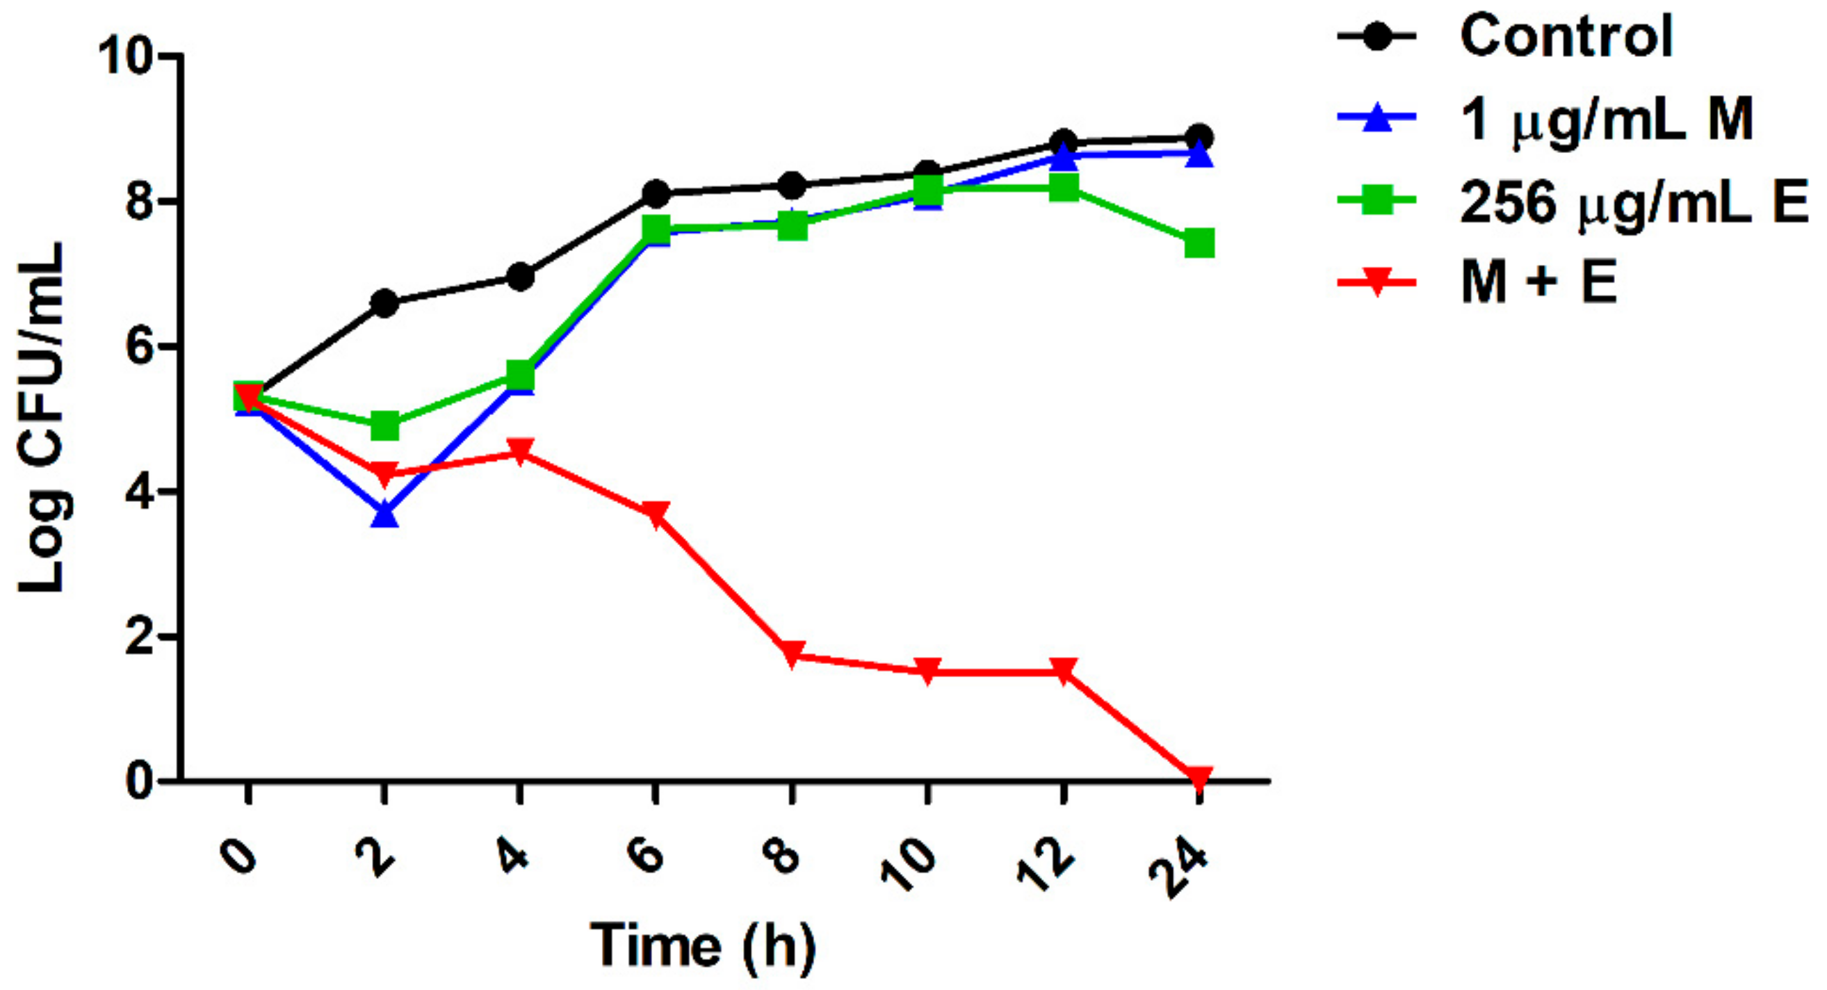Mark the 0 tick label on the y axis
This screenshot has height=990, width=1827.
[x=140, y=781]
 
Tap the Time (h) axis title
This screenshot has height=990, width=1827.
[x=702, y=946]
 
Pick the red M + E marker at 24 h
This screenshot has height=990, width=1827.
[x=1199, y=778]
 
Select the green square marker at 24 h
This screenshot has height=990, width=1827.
[x=1199, y=243]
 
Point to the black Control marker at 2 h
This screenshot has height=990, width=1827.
[x=384, y=304]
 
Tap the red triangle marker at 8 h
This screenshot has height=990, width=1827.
[x=792, y=653]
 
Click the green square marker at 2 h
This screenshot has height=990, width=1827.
[x=384, y=425]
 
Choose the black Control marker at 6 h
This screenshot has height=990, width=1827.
[x=656, y=193]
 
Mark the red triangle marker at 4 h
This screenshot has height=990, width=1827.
[x=520, y=451]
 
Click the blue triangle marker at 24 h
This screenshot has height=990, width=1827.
[x=1199, y=154]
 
